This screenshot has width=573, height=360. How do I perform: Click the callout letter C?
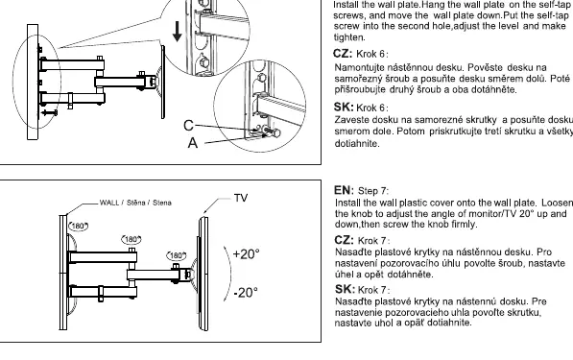click(188, 126)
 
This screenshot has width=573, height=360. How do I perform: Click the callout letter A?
click(193, 143)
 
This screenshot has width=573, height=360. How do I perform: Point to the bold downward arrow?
click(178, 32)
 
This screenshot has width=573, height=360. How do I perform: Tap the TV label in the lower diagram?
click(241, 198)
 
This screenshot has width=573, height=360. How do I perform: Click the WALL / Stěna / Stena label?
click(135, 203)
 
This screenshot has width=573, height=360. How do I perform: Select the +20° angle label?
click(247, 254)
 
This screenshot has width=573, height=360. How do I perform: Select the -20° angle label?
click(246, 293)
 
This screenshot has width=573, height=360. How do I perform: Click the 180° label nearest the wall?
click(78, 227)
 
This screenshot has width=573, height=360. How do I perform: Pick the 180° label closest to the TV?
click(177, 255)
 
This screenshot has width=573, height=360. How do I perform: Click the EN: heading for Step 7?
click(345, 190)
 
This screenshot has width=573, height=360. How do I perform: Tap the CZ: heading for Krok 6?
click(343, 54)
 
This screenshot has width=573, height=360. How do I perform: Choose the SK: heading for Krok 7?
click(345, 289)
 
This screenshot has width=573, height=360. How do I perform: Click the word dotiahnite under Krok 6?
click(357, 144)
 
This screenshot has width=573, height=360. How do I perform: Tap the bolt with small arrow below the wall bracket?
click(49, 112)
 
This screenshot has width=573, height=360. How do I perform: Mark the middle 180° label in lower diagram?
click(131, 240)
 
